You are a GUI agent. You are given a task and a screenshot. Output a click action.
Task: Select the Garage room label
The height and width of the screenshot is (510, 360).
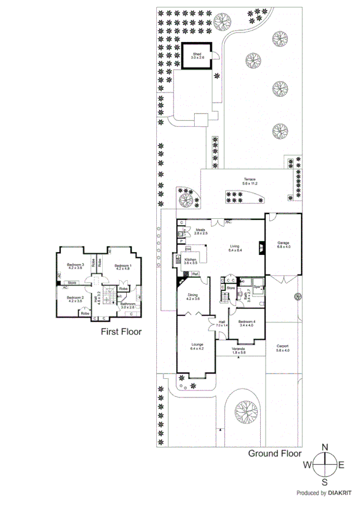[x=284, y=244]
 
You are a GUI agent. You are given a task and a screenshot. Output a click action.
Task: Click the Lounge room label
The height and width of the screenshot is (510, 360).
[x=197, y=346]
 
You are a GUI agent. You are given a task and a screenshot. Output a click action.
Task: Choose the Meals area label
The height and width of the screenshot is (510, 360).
[x=200, y=231]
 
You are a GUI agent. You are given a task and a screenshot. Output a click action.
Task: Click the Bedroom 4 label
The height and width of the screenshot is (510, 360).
[x=247, y=323]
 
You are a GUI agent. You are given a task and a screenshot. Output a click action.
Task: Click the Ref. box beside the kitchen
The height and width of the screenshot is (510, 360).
[x=195, y=274]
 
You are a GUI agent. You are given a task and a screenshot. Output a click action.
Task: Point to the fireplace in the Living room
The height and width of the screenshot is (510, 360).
[x=261, y=246]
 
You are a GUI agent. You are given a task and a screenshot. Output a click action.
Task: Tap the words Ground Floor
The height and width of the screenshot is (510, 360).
[x=274, y=454]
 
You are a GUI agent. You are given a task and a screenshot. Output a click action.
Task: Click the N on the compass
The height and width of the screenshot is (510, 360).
[x=325, y=447]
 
